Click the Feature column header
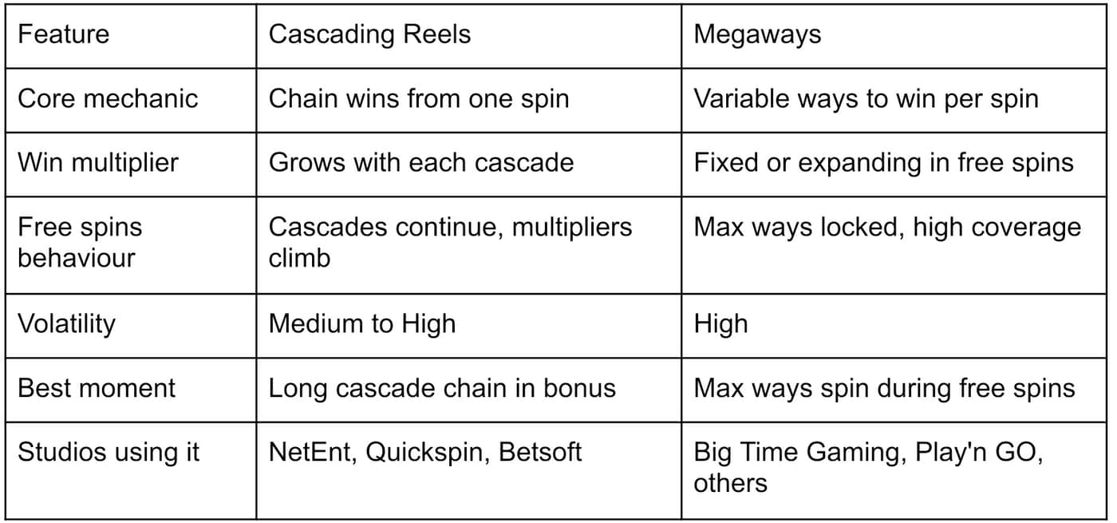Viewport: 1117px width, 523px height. tap(63, 34)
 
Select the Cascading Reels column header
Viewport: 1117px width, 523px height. tap(369, 35)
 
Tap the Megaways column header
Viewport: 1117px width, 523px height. tap(757, 35)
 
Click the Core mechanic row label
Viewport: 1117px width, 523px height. tap(108, 99)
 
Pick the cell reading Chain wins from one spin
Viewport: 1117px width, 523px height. tap(419, 99)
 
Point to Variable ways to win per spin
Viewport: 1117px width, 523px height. tap(866, 99)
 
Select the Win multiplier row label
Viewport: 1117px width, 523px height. tap(97, 163)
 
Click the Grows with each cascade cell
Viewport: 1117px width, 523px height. tap(421, 163)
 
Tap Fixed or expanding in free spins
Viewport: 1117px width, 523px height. tap(884, 163)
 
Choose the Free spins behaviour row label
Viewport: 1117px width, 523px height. tap(80, 243)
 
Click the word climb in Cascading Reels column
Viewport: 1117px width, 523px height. tap(299, 259)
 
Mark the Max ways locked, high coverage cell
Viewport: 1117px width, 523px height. tap(887, 228)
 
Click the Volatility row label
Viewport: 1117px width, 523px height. tap(66, 324)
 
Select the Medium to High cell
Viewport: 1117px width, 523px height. tap(362, 324)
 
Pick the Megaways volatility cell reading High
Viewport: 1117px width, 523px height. tap(720, 324)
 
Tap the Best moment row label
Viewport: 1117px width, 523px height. tap(97, 388)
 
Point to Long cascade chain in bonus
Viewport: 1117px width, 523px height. tap(442, 388)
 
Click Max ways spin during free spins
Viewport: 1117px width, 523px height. tap(884, 388)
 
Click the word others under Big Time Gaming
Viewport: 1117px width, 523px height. tap(730, 484)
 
